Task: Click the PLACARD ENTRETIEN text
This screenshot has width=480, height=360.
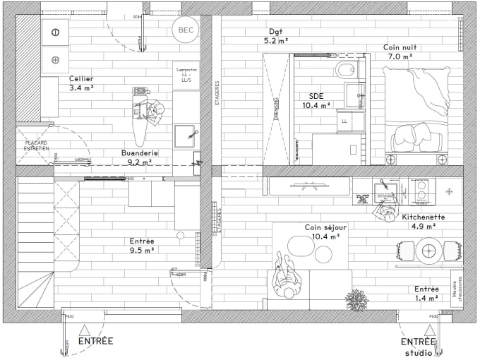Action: tap(37, 146)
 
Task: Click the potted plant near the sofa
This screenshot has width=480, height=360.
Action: tap(356, 299)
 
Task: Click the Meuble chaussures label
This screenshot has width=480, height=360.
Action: tap(457, 289)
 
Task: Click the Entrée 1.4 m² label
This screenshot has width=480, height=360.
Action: tap(426, 293)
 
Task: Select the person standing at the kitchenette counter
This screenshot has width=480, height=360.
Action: tap(385, 208)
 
